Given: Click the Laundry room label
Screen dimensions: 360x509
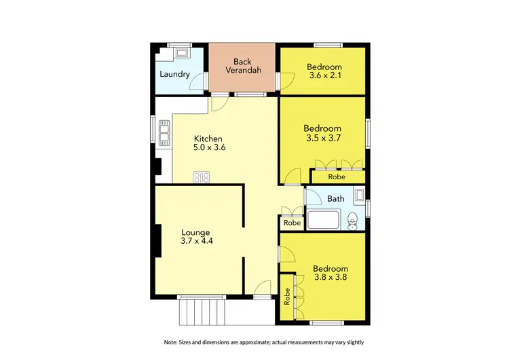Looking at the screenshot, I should tap(174, 74).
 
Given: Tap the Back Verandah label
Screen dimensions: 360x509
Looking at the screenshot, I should tap(242, 67).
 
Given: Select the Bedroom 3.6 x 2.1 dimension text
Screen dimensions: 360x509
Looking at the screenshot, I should tap(324, 77).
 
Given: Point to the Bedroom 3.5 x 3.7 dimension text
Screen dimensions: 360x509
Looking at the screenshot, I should tap(322, 138).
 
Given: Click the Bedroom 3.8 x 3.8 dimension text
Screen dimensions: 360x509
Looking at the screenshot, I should tap(331, 278).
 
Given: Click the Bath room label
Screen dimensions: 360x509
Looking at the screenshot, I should tap(335, 199).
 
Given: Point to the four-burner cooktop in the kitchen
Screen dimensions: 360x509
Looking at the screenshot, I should tap(201, 178).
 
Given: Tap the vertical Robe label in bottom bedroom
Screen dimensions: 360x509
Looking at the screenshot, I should tap(287, 297).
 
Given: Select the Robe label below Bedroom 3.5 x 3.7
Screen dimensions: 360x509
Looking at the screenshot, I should tap(337, 177).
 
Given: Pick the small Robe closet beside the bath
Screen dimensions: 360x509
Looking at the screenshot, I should tap(292, 222).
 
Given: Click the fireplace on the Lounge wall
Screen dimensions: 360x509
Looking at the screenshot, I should tap(156, 242).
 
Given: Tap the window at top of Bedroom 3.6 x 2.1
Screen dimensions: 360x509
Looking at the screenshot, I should tap(328, 45).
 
